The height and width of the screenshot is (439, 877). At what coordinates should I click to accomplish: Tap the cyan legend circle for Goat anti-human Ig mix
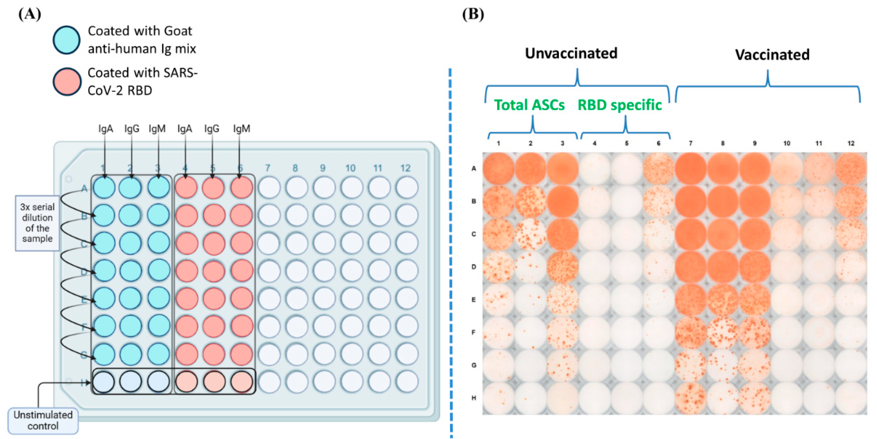(67, 40)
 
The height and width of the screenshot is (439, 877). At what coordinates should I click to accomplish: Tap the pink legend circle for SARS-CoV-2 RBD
(67, 81)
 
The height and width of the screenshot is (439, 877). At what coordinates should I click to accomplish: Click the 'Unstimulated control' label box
(43, 421)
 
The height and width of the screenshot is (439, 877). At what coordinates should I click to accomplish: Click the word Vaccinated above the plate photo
(772, 55)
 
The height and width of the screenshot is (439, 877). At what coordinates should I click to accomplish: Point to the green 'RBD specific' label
(620, 105)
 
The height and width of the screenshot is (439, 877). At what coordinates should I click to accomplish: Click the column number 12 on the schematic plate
(405, 168)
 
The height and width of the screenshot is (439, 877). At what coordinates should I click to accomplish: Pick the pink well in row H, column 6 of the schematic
(241, 382)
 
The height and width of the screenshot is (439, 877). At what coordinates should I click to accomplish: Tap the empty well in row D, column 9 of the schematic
(324, 271)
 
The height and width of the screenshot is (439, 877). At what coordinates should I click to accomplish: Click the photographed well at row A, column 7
(690, 169)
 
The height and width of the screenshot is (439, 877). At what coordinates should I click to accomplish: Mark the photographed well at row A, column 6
(658, 169)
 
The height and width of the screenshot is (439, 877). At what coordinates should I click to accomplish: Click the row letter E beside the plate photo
(474, 300)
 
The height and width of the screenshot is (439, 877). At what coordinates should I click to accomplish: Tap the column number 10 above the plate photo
(786, 143)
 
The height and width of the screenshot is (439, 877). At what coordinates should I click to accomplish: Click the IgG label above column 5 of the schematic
(212, 129)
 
